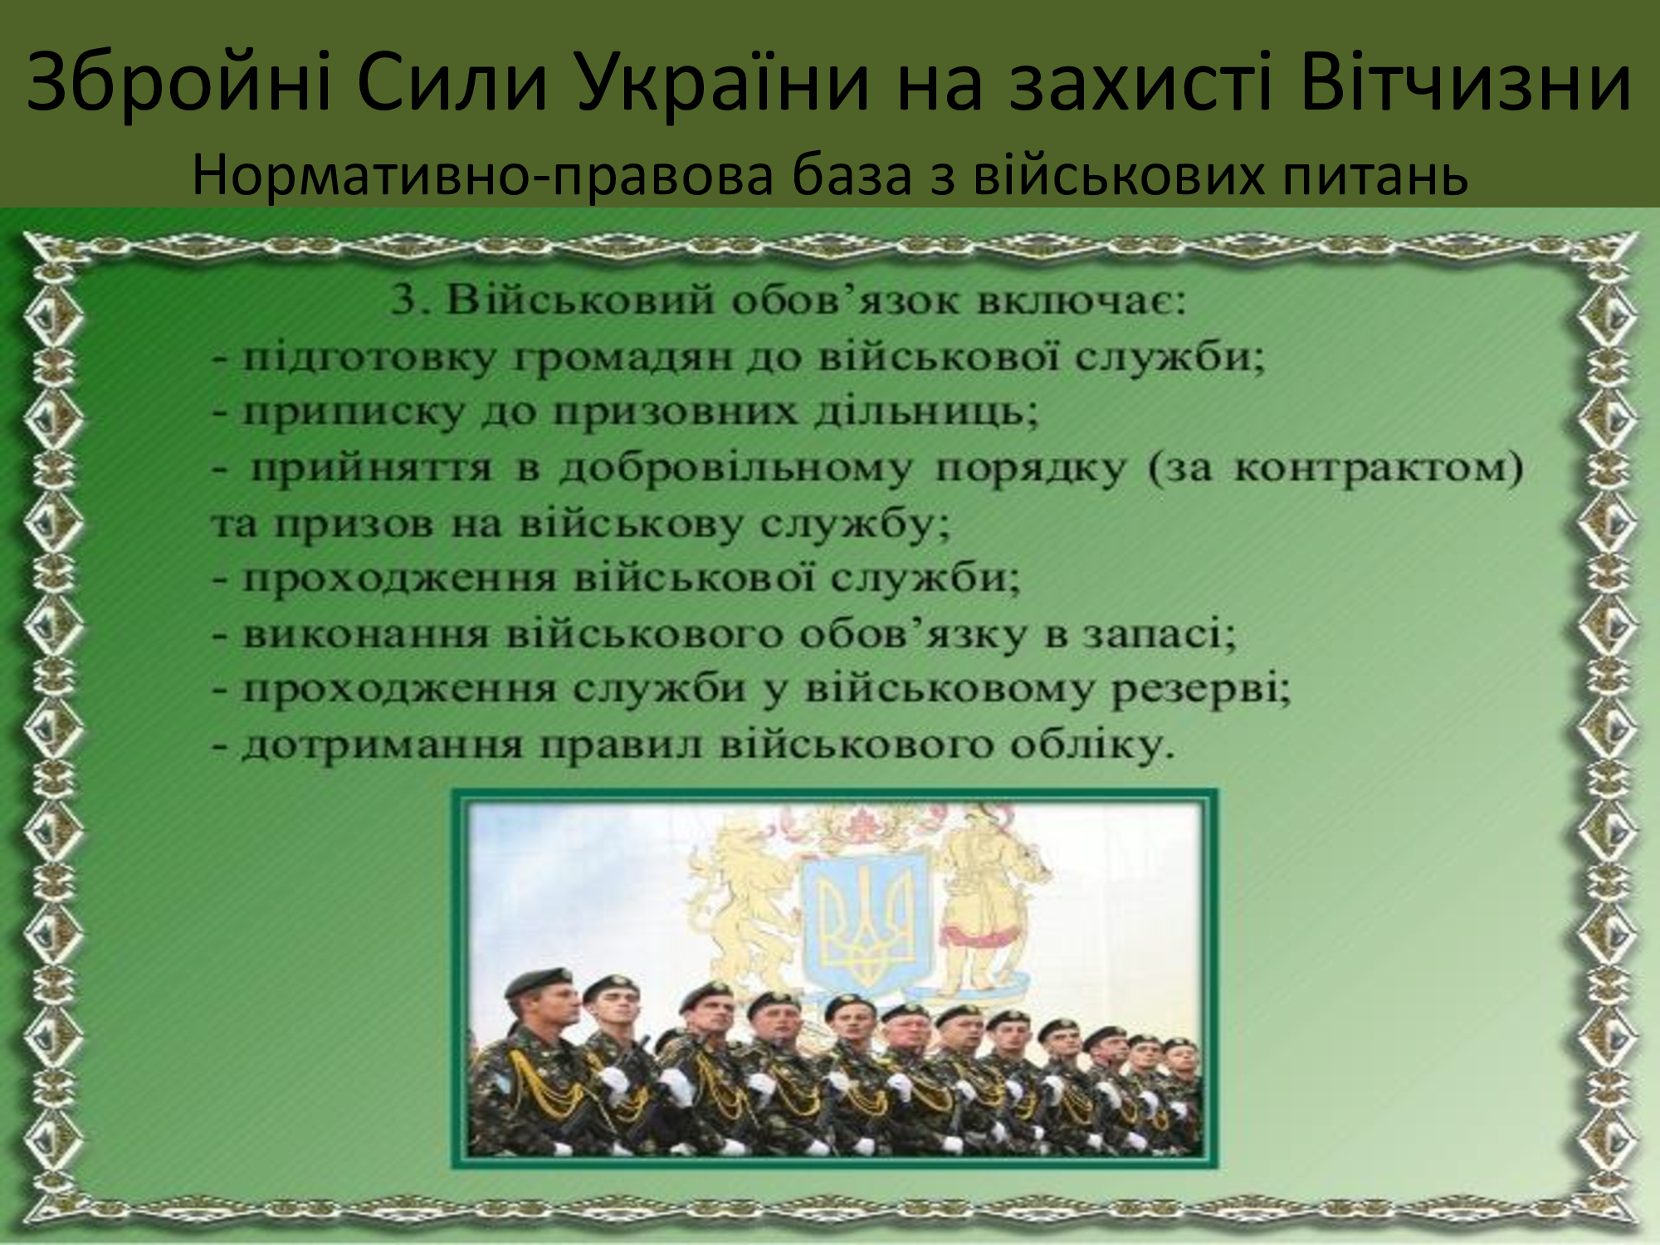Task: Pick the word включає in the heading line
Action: tap(1081, 300)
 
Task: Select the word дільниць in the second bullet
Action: tap(926, 412)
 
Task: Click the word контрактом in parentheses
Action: tap(1378, 468)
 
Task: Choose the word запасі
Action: tap(1159, 635)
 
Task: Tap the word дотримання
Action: tap(383, 745)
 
